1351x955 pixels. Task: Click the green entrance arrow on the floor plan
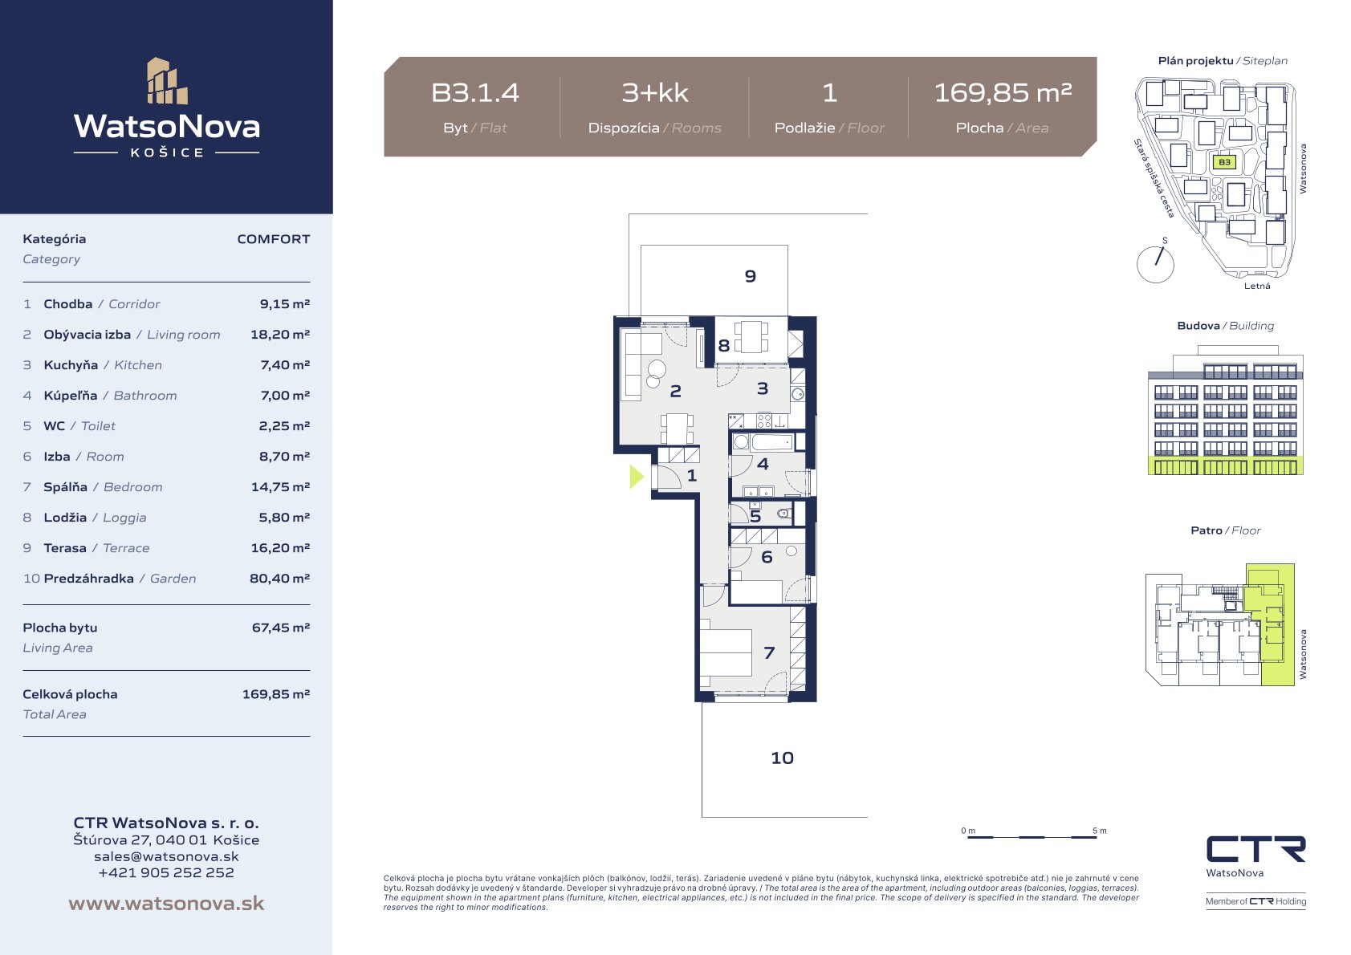[x=636, y=476]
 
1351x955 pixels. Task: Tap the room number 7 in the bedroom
[x=769, y=652]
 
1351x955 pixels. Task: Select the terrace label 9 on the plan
[x=751, y=276]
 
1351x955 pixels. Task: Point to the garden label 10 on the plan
[x=782, y=758]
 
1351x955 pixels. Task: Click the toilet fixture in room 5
[x=784, y=514]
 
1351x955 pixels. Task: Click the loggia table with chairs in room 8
[x=751, y=337]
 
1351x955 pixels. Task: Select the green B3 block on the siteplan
[x=1224, y=162]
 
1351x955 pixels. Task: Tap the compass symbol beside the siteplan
[x=1155, y=263]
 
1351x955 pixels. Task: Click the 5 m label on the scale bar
[x=1100, y=831]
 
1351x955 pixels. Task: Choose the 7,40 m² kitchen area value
[x=285, y=365]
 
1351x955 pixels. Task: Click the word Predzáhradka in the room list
[x=88, y=578]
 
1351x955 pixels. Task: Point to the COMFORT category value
[x=273, y=239]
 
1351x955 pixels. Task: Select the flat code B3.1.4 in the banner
[x=474, y=93]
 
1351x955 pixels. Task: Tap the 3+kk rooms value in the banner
[x=655, y=93]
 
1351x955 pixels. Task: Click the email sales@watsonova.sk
[x=166, y=856]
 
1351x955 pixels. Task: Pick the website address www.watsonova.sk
[x=166, y=903]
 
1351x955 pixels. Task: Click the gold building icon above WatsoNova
[x=167, y=81]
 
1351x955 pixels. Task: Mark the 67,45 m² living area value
[x=280, y=628]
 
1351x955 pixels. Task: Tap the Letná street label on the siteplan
[x=1257, y=286]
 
